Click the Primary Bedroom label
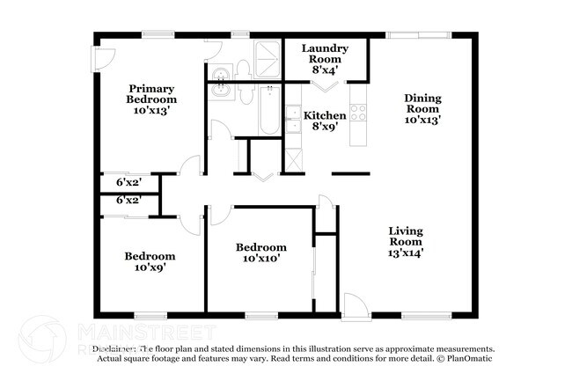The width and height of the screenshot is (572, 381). (151, 99)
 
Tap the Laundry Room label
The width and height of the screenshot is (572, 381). (325, 58)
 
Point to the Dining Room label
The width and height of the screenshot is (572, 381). (422, 108)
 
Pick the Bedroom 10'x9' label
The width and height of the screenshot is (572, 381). (144, 261)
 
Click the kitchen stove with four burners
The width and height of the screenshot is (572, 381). (358, 112)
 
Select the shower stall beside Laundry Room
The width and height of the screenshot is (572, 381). (266, 58)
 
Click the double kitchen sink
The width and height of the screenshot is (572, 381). (292, 121)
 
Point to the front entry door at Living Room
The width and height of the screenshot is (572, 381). (356, 305)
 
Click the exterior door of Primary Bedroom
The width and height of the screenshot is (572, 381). (103, 58)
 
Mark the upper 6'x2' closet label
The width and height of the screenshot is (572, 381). (128, 183)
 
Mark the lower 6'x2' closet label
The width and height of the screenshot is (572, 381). (128, 201)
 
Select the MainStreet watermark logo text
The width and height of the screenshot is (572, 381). (146, 332)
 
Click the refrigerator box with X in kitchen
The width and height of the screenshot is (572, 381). (293, 160)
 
